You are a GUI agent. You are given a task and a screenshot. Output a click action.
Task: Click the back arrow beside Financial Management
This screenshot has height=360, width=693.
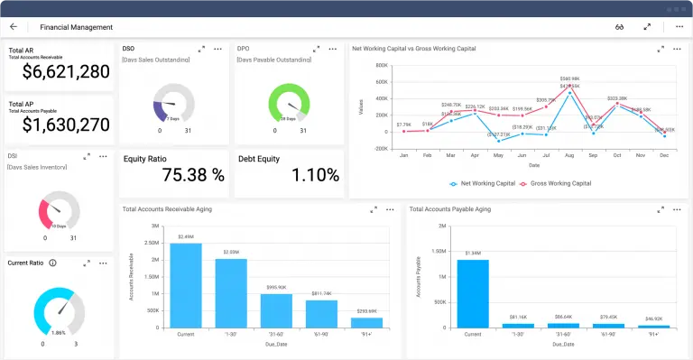click(14, 27)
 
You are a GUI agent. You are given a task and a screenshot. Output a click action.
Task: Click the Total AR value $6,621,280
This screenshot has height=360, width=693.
click(66, 71)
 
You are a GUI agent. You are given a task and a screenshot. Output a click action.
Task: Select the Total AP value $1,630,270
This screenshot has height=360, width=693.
click(66, 125)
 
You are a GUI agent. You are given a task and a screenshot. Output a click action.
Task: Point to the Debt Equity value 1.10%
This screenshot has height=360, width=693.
click(289, 175)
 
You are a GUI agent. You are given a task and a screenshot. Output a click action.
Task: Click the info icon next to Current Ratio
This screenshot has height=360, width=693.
click(52, 263)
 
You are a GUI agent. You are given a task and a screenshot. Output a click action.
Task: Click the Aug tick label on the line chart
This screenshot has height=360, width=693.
click(568, 155)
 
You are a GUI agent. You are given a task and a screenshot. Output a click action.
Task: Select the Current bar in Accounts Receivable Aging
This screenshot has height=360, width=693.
click(186, 284)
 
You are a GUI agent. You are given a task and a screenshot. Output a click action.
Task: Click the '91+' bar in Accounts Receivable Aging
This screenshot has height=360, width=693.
click(366, 320)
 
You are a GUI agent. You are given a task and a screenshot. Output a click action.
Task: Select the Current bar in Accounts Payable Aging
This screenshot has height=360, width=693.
click(473, 292)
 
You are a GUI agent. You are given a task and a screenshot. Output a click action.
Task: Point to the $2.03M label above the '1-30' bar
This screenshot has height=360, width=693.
click(231, 252)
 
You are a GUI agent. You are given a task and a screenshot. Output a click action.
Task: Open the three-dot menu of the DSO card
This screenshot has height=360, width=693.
click(217, 49)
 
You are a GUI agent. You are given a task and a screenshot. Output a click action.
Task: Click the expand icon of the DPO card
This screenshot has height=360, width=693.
click(317, 49)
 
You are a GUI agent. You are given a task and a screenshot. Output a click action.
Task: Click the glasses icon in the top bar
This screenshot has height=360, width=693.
click(620, 27)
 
